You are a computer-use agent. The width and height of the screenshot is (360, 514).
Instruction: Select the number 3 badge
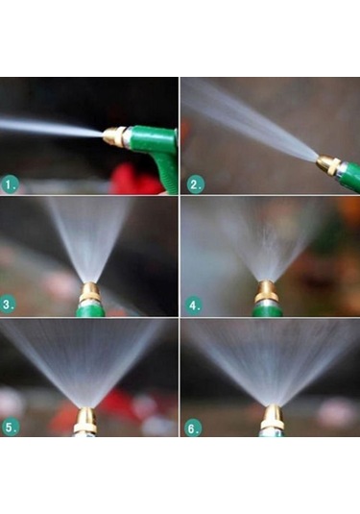pyautogui.click(x=8, y=305)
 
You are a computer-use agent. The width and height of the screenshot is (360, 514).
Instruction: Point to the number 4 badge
pyautogui.click(x=194, y=306)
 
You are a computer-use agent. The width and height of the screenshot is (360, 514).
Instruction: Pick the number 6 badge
pyautogui.click(x=192, y=428)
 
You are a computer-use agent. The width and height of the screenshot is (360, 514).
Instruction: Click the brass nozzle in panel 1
pyautogui.click(x=114, y=136)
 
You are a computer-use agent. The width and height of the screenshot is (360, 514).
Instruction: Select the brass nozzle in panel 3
pyautogui.click(x=89, y=293)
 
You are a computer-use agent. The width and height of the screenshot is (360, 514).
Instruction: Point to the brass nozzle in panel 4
pyautogui.click(x=267, y=291)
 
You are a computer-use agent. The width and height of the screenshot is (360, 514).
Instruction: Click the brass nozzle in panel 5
pyautogui.click(x=85, y=420)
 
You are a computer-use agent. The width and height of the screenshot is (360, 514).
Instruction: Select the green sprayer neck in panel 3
pyautogui.click(x=90, y=311)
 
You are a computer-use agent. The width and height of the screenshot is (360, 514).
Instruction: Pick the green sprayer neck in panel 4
pyautogui.click(x=267, y=310)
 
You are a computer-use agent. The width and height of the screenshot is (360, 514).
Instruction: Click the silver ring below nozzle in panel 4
pyautogui.click(x=267, y=304)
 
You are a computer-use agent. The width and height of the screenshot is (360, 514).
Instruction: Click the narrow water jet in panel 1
pyautogui.click(x=52, y=128)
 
